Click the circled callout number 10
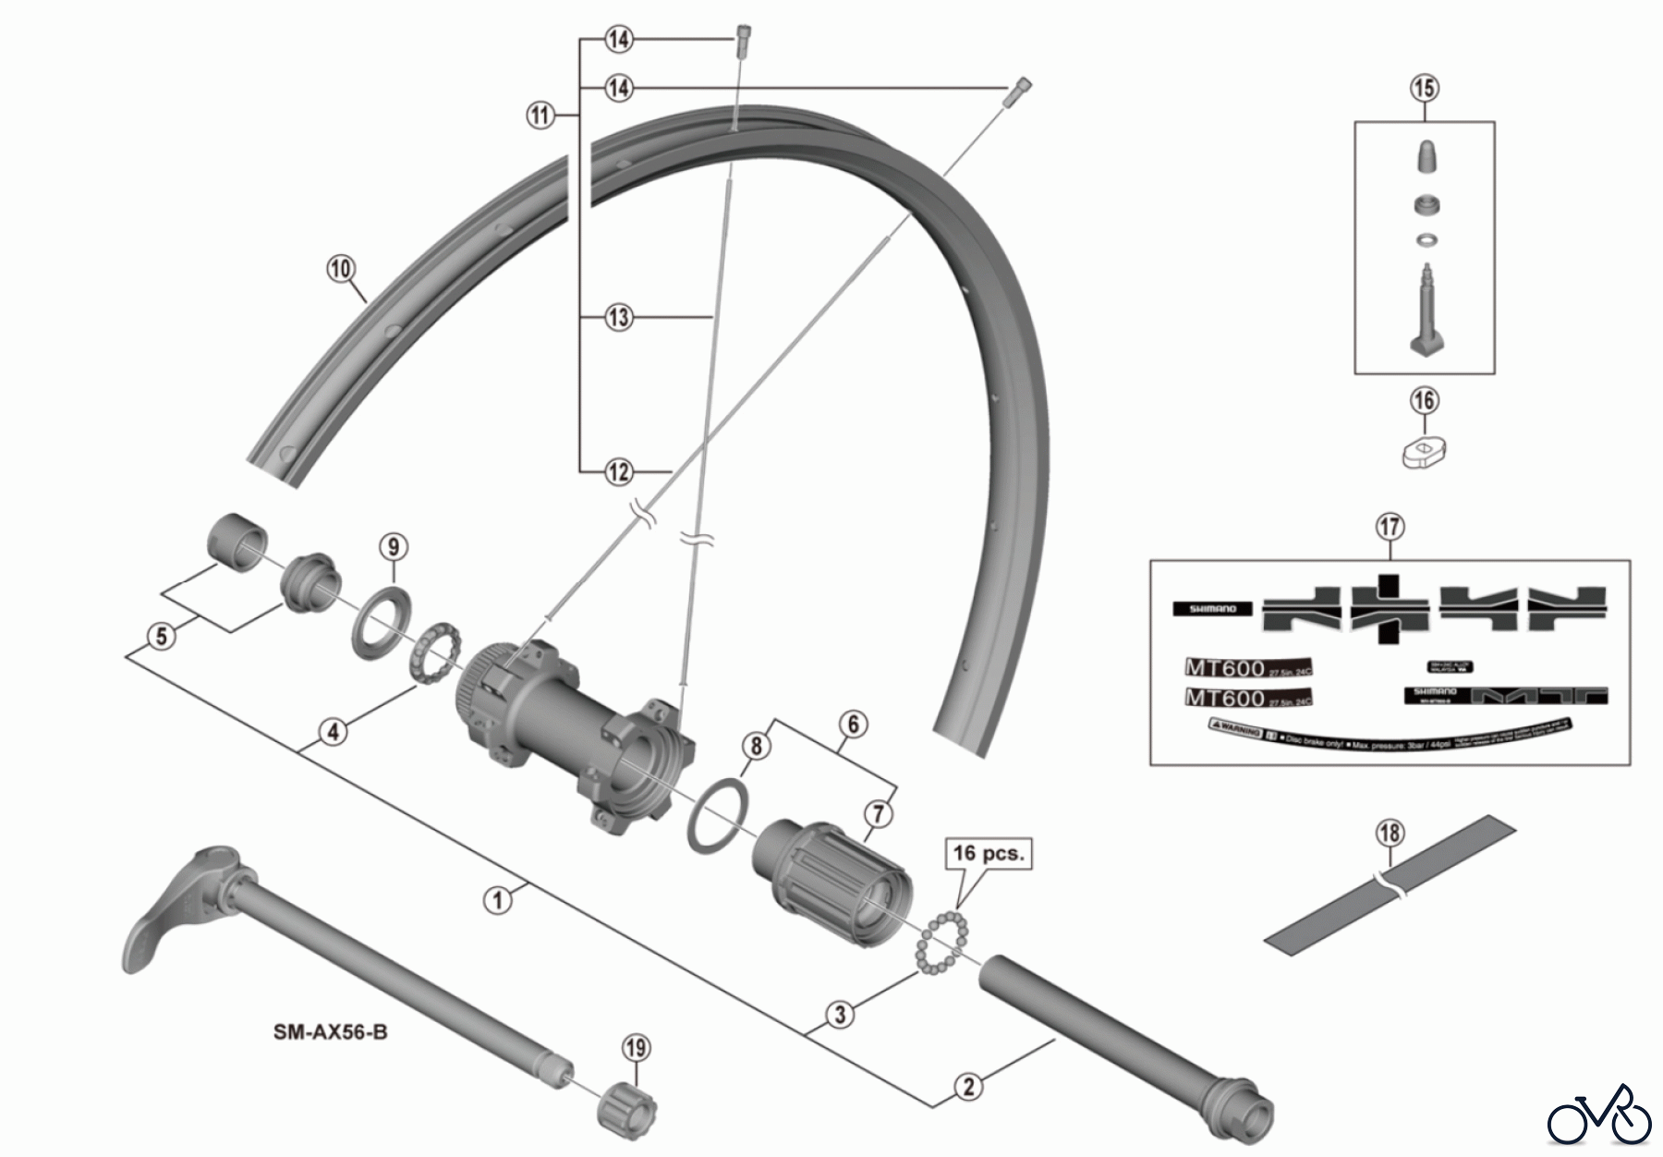pyautogui.click(x=341, y=269)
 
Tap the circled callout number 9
pyautogui.click(x=394, y=546)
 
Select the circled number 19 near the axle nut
pyautogui.click(x=636, y=1048)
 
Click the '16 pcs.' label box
pyautogui.click(x=987, y=853)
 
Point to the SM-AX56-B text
pyautogui.click(x=331, y=1031)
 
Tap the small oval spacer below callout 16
pyautogui.click(x=1424, y=453)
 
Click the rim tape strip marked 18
pyautogui.click(x=1389, y=885)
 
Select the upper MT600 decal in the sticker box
pyautogui.click(x=1248, y=667)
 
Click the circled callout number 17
pyautogui.click(x=1390, y=528)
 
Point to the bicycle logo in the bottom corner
pyautogui.click(x=1598, y=1117)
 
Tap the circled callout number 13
pyautogui.click(x=618, y=318)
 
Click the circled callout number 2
pyautogui.click(x=968, y=1086)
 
